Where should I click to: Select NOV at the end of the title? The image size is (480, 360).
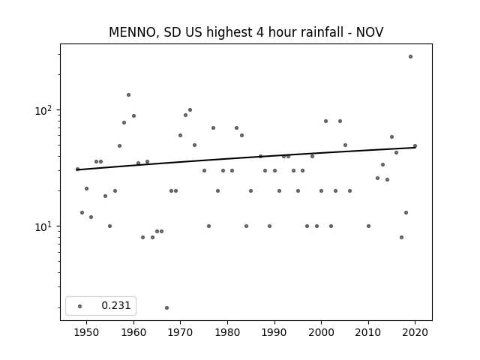370,32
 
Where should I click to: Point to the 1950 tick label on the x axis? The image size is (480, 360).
87,332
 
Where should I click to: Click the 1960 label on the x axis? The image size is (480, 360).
133,332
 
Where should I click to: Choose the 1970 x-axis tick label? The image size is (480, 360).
180,332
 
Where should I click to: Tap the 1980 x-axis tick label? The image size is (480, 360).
227,332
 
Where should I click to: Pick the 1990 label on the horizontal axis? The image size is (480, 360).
274,332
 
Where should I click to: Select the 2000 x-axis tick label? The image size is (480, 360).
322,332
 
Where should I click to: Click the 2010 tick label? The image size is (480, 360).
368,332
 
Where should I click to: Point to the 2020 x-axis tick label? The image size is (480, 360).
415,332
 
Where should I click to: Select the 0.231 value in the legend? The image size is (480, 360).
116,305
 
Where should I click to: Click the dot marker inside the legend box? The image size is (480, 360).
80,306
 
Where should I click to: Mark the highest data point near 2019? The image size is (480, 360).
410,57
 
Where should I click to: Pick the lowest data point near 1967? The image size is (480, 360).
166,307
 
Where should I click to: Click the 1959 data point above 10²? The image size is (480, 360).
128,95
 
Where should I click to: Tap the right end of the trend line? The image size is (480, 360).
415,148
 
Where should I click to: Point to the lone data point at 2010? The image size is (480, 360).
368,226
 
